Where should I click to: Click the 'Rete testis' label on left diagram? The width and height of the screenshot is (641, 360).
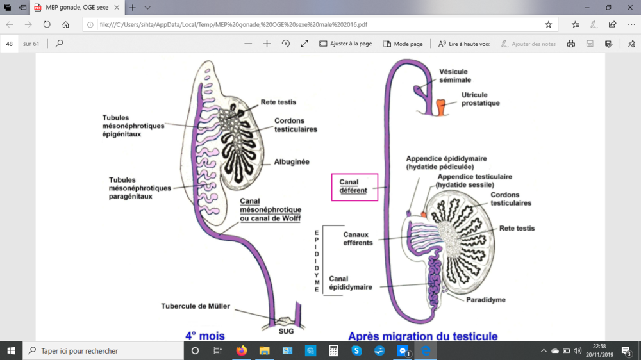pyautogui.click(x=278, y=102)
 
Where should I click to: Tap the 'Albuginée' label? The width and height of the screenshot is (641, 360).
pyautogui.click(x=292, y=162)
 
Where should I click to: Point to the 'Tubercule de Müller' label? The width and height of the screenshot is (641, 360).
pyautogui.click(x=196, y=306)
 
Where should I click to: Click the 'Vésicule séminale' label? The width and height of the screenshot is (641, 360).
pyautogui.click(x=454, y=76)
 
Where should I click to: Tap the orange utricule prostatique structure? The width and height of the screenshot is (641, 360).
pyautogui.click(x=441, y=106)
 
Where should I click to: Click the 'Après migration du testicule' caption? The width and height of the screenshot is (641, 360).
pyautogui.click(x=422, y=335)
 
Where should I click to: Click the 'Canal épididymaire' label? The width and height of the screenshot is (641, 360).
pyautogui.click(x=350, y=282)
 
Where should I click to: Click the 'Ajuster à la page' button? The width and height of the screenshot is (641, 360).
pyautogui.click(x=345, y=44)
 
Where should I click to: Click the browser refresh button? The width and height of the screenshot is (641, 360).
pyautogui.click(x=47, y=24)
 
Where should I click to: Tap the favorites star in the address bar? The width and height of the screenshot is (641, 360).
pyautogui.click(x=548, y=24)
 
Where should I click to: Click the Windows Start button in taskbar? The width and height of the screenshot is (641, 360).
pyautogui.click(x=12, y=350)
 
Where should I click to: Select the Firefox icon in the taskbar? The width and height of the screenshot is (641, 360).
pyautogui.click(x=241, y=350)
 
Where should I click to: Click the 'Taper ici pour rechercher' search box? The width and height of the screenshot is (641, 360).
pyautogui.click(x=103, y=350)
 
